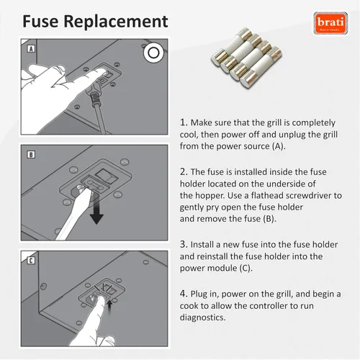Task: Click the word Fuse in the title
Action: point(40,22)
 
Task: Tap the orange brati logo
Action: point(330,23)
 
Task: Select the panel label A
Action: point(31,49)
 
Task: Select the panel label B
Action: point(31,155)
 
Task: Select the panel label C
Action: point(31,261)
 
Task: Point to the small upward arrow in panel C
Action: point(109,307)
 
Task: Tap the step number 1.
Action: point(184,122)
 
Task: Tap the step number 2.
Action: point(184,172)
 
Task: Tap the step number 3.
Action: point(184,244)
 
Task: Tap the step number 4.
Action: point(184,294)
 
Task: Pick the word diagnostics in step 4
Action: point(203,318)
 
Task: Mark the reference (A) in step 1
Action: point(279,146)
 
